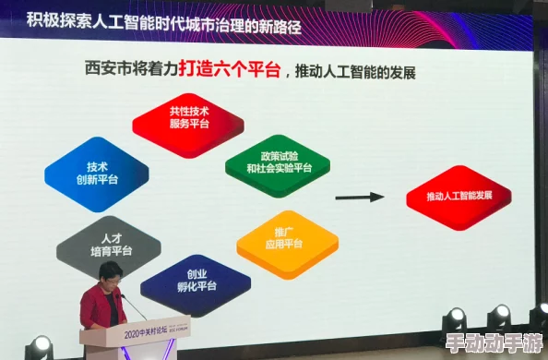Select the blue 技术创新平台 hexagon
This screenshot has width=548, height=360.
pos(96,174)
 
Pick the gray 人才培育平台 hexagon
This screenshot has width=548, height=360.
pos(109,244)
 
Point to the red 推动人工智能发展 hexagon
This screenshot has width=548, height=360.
pos(458,197)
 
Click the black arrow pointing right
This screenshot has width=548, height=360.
pos(359,197)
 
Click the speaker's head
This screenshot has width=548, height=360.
pos(110,276)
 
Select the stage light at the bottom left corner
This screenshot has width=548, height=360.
pos(39,346)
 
